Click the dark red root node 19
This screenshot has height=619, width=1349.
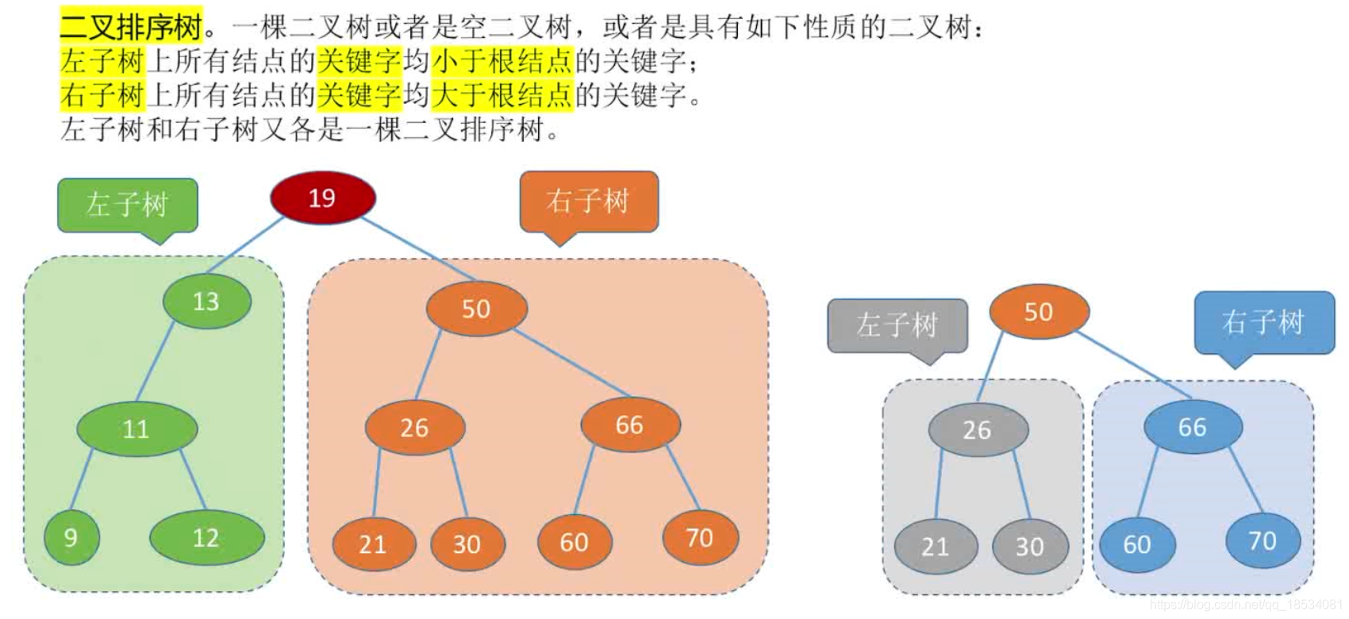point(322,198)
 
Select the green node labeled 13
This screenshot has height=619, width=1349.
point(206,302)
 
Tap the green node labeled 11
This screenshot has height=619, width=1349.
point(136,429)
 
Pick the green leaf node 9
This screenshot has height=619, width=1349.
point(71,537)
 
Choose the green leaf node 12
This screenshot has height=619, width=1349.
point(206,538)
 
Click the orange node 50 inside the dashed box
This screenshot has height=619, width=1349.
point(476,309)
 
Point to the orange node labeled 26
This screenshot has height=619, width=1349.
point(414,428)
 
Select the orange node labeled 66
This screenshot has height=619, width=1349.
point(629,425)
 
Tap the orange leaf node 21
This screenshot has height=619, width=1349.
point(373,544)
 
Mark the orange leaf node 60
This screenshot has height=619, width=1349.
point(574,543)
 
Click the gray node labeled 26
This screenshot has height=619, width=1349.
point(978,430)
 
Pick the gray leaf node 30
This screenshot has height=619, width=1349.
point(1030,547)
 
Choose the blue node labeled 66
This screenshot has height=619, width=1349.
point(1192,427)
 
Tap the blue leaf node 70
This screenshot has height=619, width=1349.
point(1262,541)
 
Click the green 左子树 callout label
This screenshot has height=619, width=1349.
point(128,205)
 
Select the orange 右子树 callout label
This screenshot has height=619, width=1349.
point(588,201)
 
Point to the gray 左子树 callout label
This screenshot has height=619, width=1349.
point(897,325)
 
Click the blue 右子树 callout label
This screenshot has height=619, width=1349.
point(1263,322)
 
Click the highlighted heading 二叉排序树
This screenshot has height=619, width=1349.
point(132,27)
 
